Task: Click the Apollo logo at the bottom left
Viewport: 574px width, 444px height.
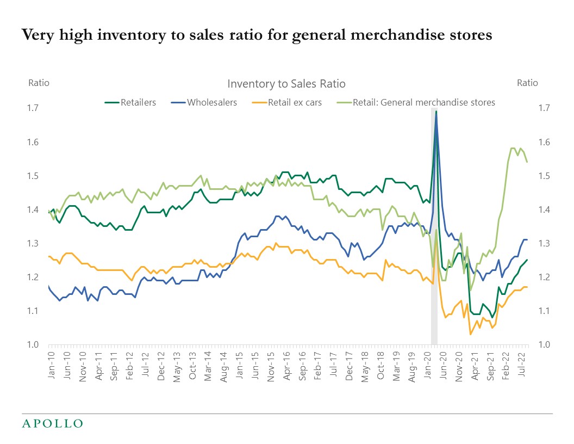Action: click(x=52, y=423)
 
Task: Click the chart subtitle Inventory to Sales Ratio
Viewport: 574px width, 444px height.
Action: click(x=286, y=84)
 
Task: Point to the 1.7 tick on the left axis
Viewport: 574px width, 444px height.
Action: click(x=34, y=108)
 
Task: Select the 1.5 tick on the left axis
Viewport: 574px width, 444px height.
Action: click(x=34, y=176)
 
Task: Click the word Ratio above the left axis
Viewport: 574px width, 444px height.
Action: click(x=39, y=83)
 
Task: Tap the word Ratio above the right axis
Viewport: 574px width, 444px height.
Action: click(x=527, y=83)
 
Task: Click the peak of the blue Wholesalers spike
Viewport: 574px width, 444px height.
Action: click(x=436, y=111)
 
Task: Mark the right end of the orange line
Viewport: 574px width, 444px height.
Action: click(x=526, y=287)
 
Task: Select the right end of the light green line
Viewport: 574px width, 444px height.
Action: click(x=527, y=162)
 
